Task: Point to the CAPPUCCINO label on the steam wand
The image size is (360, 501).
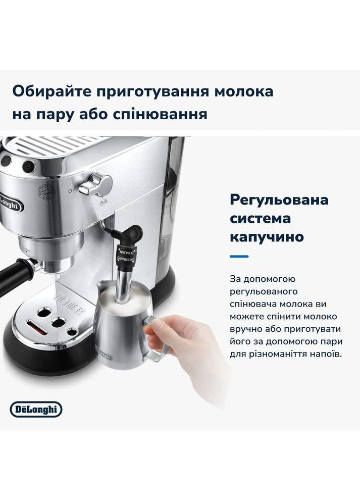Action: click(x=126, y=259)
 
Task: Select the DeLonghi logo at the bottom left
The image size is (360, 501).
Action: click(x=36, y=408)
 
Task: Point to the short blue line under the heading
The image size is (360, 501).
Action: click(x=239, y=256)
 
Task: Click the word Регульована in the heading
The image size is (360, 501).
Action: click(x=279, y=199)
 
